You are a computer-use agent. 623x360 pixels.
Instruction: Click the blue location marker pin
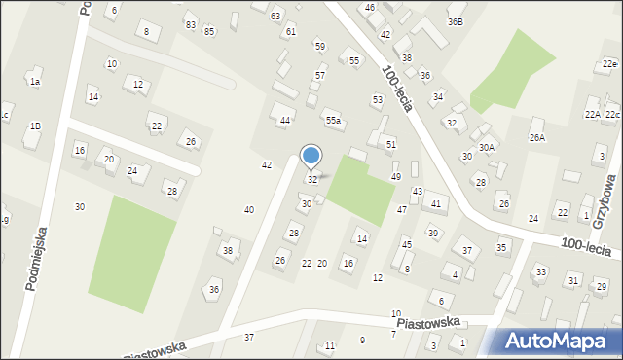[x=311, y=157]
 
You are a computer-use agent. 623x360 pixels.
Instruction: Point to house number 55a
[x=333, y=120]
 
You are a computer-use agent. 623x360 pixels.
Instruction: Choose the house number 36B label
[x=456, y=21]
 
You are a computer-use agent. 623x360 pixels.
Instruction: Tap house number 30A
[x=487, y=147]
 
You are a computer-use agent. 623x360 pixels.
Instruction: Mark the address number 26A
[x=537, y=138]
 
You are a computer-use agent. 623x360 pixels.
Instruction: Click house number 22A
[x=592, y=115]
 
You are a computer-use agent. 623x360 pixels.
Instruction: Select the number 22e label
[x=609, y=64]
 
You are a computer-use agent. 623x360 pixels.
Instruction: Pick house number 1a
[x=35, y=82]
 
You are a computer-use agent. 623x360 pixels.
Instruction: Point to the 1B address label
[x=35, y=126]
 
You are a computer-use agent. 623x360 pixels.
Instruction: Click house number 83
[x=190, y=24]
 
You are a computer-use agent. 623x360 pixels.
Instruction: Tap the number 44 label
[x=285, y=121]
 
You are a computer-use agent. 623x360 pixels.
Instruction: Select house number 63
[x=275, y=17]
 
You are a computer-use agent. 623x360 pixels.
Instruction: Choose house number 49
[x=396, y=176]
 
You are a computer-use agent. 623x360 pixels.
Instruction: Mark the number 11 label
[x=330, y=346]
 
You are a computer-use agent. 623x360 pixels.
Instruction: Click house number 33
[x=540, y=271]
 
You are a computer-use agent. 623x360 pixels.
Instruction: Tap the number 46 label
[x=370, y=8]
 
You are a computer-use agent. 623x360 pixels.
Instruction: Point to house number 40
[x=249, y=210]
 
